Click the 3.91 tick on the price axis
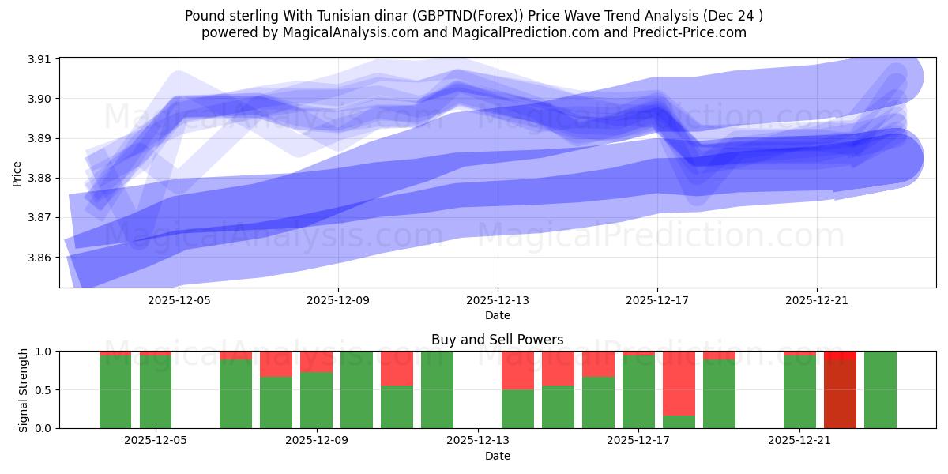[39, 59]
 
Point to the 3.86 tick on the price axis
[39, 258]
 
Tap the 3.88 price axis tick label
[39, 179]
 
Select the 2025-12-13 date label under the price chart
[498, 300]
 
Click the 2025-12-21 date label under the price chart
[816, 300]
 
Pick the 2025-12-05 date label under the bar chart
[156, 441]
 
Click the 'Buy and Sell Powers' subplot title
[497, 340]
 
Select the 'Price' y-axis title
[17, 173]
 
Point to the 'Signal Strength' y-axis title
[24, 389]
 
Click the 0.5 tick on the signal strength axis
[43, 390]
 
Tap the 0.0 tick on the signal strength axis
[43, 428]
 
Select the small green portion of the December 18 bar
[679, 422]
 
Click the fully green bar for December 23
[880, 389]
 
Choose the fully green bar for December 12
[437, 389]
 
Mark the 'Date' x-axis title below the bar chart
[497, 456]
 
